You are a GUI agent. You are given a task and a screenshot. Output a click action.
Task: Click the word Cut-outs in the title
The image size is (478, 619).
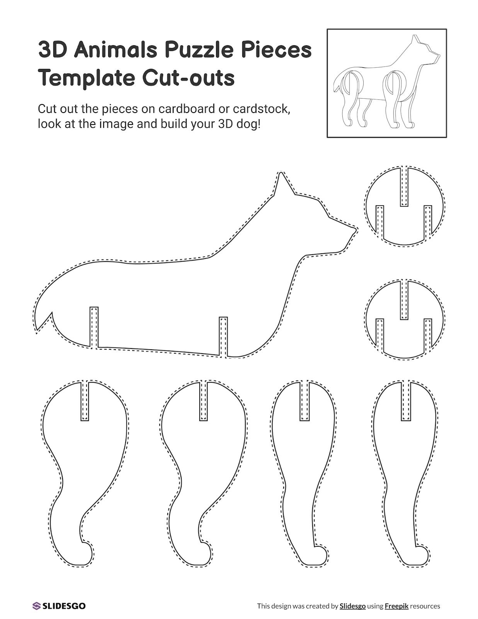pyautogui.click(x=188, y=78)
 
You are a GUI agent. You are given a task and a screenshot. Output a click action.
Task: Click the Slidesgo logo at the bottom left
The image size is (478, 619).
pyautogui.click(x=59, y=606)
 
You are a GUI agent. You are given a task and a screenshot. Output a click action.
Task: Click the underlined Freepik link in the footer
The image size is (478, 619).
pyautogui.click(x=396, y=606)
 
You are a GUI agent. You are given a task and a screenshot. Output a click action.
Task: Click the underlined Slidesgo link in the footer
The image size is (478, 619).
pyautogui.click(x=352, y=606)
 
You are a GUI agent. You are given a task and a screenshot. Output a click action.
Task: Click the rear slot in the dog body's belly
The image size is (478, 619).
pyautogui.click(x=94, y=327)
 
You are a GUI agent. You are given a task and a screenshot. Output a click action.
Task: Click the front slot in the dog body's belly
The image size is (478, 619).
pyautogui.click(x=223, y=336)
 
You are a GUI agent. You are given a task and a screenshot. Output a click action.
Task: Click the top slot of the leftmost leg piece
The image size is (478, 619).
pyautogui.click(x=85, y=401)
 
